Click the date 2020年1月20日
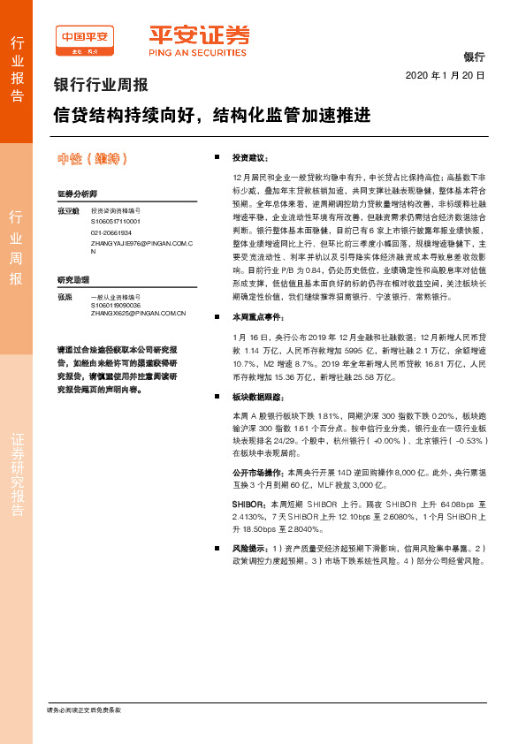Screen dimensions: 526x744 pyautogui.click(x=446, y=76)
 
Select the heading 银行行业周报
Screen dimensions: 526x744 pyautogui.click(x=102, y=87)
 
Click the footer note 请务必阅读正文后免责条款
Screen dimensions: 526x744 pyautogui.click(x=83, y=710)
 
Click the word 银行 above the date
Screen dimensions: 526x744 pyautogui.click(x=474, y=57)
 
